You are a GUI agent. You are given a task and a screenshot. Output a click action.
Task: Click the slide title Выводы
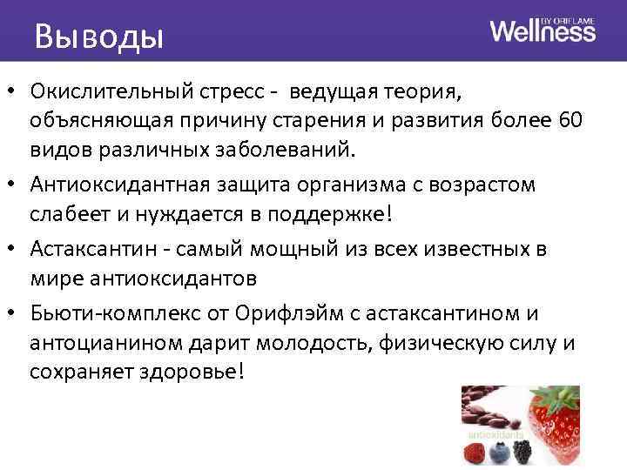(98, 37)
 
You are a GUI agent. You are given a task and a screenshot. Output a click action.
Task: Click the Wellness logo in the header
(543, 30)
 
